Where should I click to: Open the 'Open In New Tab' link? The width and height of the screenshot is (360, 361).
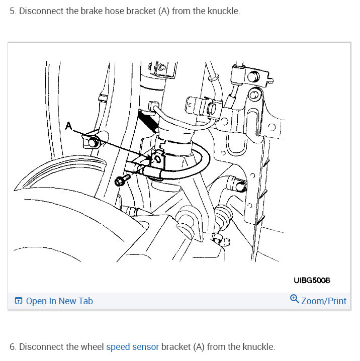(x=59, y=301)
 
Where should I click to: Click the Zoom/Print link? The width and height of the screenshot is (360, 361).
(x=323, y=301)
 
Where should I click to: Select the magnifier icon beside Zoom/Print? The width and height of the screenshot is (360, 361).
(x=295, y=300)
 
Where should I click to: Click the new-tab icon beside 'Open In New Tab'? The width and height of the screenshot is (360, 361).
(x=19, y=301)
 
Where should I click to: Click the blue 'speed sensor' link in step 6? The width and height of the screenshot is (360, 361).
(x=133, y=347)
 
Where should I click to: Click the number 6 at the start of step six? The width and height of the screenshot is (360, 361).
(x=13, y=347)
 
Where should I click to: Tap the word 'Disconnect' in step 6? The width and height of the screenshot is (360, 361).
(x=41, y=347)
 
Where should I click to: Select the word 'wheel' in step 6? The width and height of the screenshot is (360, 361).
(x=92, y=347)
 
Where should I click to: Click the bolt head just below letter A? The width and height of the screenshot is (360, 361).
(x=93, y=142)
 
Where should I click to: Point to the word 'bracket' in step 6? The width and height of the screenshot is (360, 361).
(x=176, y=347)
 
